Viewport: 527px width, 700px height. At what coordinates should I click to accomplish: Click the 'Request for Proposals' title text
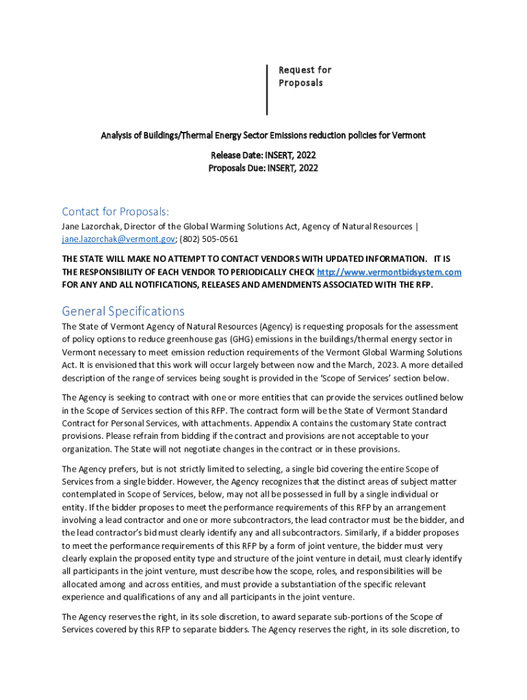click(305, 77)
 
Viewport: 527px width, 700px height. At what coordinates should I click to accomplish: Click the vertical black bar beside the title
click(267, 90)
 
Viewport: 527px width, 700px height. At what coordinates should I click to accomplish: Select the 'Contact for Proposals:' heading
click(115, 211)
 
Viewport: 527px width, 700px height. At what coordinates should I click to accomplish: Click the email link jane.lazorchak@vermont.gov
click(118, 239)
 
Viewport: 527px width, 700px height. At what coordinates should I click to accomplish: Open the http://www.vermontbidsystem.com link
click(389, 272)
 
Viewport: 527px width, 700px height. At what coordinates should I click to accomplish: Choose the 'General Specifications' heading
click(123, 311)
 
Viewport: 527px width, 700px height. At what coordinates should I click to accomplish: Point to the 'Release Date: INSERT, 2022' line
click(263, 155)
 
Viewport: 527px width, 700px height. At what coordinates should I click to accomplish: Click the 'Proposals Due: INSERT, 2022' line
click(263, 168)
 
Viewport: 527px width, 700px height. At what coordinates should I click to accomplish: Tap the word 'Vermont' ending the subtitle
click(409, 135)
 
